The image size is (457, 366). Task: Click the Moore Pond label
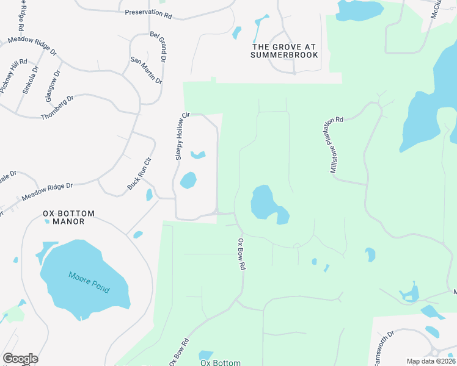point(89,283)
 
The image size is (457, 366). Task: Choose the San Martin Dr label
point(147,70)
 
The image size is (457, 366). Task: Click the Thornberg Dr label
point(57,107)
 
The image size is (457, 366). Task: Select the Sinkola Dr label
point(31,79)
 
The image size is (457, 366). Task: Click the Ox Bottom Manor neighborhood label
point(69,217)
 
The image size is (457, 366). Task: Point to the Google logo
point(20,359)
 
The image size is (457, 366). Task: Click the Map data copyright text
point(431,361)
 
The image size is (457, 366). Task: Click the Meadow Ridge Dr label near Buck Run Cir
point(48,193)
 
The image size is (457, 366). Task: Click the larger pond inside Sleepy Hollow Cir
point(188,181)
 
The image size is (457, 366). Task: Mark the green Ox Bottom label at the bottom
point(221,362)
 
